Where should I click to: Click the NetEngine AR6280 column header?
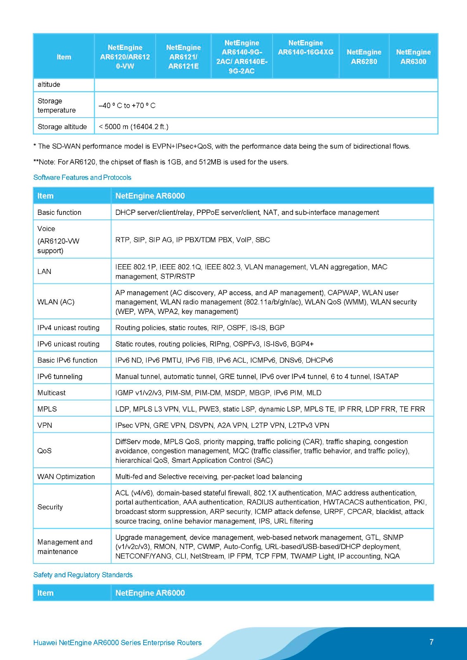364,57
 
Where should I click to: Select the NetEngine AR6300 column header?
413,57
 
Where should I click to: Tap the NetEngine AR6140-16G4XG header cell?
306,47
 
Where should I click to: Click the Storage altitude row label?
62,127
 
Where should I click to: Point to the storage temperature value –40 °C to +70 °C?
127,106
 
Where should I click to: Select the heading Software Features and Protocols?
82,177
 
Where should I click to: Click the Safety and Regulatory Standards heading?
83,575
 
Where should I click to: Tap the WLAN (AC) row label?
56,302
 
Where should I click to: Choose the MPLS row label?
47,409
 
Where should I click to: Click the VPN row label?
45,425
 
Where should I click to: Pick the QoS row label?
45,451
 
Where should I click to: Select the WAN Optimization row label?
66,476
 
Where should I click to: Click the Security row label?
50,507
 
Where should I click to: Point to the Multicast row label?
51,393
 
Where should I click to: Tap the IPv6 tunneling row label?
60,376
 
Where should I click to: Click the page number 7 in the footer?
431,642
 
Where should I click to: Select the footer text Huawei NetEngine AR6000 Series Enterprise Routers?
117,643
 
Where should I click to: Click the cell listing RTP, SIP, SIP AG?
192,240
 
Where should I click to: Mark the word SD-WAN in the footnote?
64,146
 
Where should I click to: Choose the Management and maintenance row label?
65,547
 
